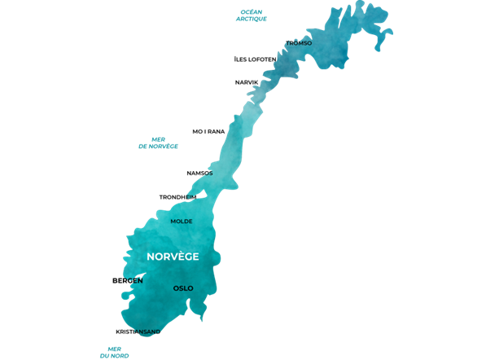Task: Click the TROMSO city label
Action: point(299,43)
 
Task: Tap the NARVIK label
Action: point(247,82)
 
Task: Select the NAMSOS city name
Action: point(199,173)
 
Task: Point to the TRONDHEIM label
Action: point(177,197)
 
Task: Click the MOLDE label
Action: point(182,222)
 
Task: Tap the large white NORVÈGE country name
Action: point(173,257)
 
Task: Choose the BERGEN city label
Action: point(128,281)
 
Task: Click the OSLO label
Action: point(183,288)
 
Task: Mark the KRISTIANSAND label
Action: point(138,331)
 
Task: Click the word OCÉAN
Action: point(252,12)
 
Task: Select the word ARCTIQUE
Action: point(252,20)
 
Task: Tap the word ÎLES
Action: point(241,59)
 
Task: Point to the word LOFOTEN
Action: point(263,59)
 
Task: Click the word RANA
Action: point(216,131)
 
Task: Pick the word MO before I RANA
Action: point(197,131)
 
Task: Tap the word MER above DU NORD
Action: point(114,348)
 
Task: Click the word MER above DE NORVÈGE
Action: point(158,139)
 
